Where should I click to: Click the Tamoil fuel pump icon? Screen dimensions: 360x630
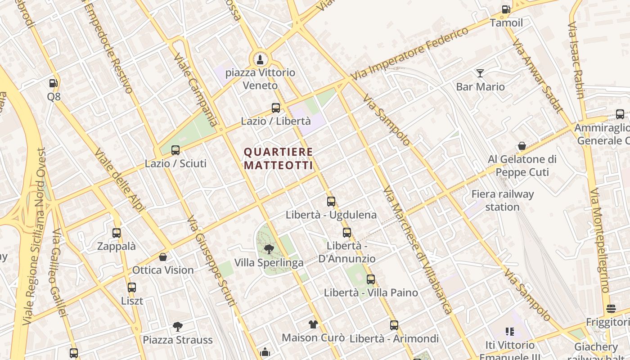pyautogui.click(x=506, y=9)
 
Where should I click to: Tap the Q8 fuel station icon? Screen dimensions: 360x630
pyautogui.click(x=53, y=83)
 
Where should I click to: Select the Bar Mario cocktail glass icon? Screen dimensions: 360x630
pyautogui.click(x=480, y=73)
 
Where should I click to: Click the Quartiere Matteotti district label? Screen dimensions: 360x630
pyautogui.click(x=278, y=158)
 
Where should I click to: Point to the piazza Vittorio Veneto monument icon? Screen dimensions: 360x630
pyautogui.click(x=260, y=59)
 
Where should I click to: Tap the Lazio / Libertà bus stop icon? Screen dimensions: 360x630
pyautogui.click(x=275, y=108)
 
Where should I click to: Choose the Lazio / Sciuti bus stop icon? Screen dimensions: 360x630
pyautogui.click(x=175, y=150)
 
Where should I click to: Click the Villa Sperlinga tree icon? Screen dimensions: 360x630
pyautogui.click(x=269, y=249)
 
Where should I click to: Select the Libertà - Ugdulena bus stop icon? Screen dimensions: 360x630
pyautogui.click(x=331, y=201)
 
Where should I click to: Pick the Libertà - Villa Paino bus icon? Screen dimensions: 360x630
pyautogui.click(x=370, y=279)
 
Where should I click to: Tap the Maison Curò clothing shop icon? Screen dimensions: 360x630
pyautogui.click(x=313, y=324)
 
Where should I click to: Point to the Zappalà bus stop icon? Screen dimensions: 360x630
pyautogui.click(x=117, y=233)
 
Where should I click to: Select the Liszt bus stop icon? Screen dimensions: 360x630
pyautogui.click(x=131, y=287)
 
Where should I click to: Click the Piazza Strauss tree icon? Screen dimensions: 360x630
pyautogui.click(x=177, y=326)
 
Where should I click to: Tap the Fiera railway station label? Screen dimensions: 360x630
pyautogui.click(x=502, y=201)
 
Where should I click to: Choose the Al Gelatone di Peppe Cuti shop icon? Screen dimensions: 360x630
pyautogui.click(x=522, y=146)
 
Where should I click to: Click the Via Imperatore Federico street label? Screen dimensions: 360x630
pyautogui.click(x=409, y=54)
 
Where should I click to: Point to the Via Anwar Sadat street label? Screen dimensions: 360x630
pyautogui.click(x=538, y=76)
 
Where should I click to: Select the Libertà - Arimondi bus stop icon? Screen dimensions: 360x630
pyautogui.click(x=394, y=325)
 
